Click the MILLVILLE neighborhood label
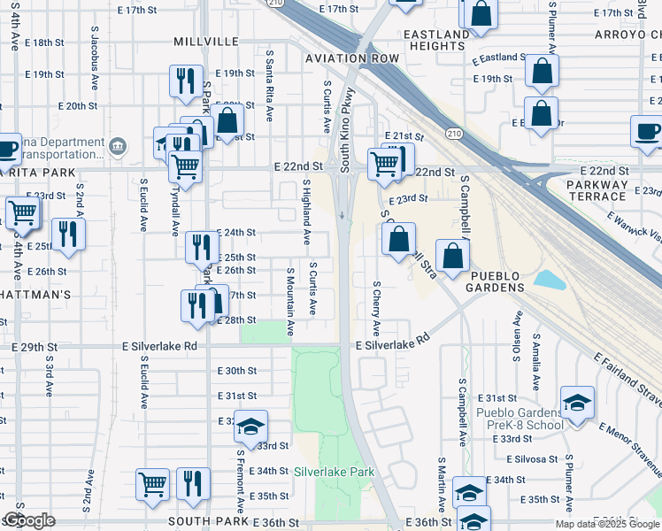coord(206,42)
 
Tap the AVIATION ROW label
coord(352,58)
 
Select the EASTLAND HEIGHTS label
coord(435,40)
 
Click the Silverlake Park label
coord(335,473)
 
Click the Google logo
coord(30,519)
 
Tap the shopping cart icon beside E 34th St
coord(152,484)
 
